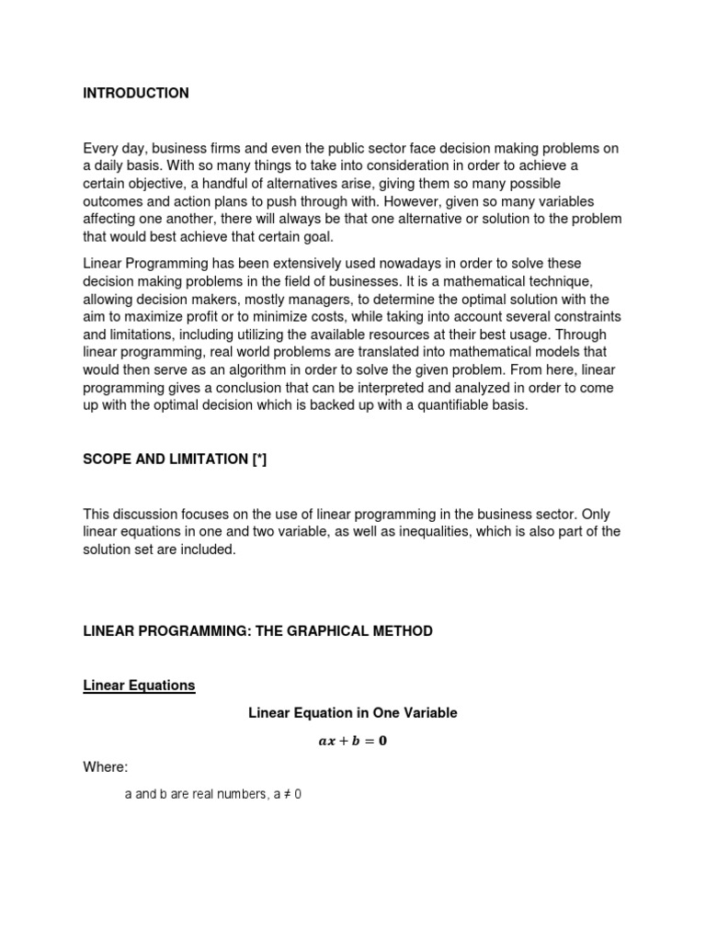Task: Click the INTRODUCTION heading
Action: point(136,93)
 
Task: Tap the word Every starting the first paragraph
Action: point(99,147)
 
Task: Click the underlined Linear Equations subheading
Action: point(139,686)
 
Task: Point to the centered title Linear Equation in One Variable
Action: point(353,712)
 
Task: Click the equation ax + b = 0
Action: point(353,741)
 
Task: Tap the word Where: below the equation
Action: point(106,766)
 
